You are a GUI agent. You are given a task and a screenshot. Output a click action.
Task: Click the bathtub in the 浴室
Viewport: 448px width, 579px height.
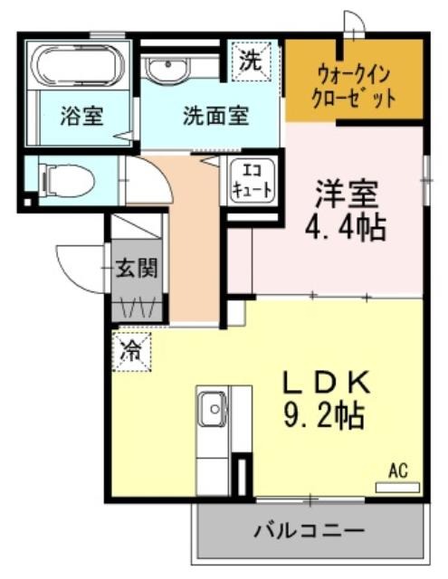78,65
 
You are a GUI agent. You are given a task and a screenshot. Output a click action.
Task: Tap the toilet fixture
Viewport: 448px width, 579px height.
69,181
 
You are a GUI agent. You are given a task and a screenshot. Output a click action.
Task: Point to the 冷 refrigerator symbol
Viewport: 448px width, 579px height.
132,352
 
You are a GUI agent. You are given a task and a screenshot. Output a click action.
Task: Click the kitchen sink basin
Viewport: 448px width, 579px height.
213,408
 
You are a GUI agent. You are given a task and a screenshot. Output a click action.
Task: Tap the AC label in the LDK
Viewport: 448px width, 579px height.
398,470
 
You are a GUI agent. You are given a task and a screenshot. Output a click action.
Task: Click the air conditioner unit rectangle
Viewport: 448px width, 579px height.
398,488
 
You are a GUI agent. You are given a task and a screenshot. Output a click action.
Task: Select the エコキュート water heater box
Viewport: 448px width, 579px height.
253,181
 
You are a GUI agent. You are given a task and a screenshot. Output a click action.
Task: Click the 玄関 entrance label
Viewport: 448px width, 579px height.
137,268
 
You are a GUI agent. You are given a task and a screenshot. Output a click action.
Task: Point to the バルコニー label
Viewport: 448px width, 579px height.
309,532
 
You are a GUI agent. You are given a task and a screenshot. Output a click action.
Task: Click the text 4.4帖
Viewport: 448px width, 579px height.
345,228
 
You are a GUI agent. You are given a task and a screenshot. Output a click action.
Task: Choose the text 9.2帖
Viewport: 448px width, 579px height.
323,416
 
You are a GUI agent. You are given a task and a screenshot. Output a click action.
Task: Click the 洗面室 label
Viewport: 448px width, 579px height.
216,116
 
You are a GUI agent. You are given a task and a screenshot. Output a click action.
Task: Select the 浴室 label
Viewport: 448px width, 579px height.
81,116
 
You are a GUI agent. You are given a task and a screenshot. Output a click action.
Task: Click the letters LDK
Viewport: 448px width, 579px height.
326,383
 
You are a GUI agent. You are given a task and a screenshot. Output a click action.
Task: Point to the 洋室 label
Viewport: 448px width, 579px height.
347,194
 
